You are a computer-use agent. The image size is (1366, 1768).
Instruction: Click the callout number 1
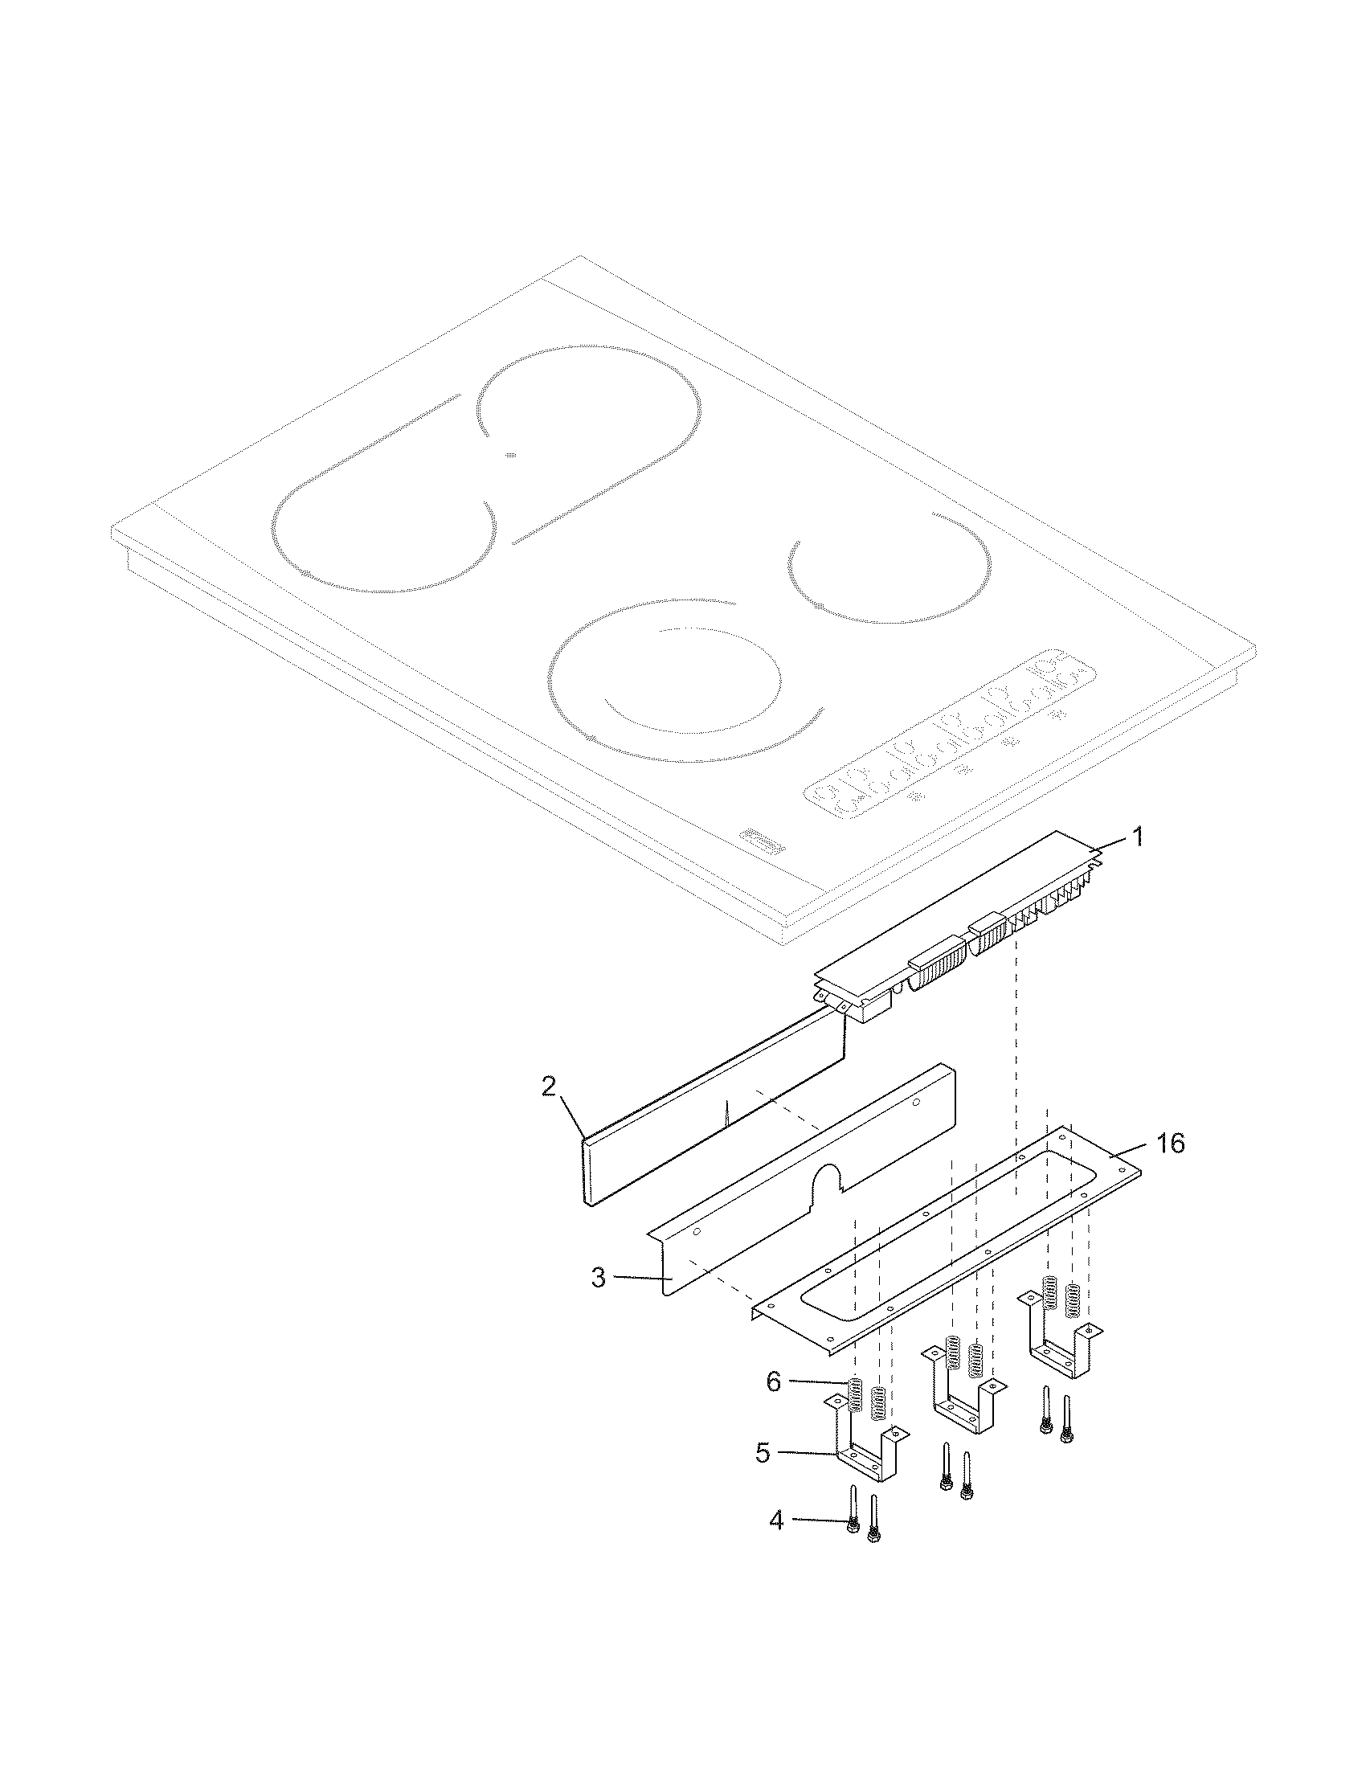[x=1137, y=837]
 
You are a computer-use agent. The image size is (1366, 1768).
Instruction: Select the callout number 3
[x=598, y=1279]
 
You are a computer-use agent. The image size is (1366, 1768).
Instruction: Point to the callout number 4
[x=776, y=1521]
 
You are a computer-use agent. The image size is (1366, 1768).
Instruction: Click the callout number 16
[x=1170, y=1143]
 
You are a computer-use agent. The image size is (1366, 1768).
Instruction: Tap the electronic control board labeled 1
[x=958, y=937]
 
